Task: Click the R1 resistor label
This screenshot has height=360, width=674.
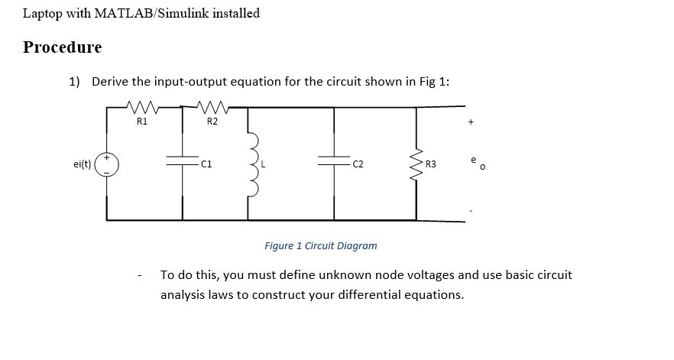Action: (142, 121)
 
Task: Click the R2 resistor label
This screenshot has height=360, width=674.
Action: (212, 121)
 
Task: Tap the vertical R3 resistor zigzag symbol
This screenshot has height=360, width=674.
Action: (416, 163)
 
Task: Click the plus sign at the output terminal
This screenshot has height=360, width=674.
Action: (471, 121)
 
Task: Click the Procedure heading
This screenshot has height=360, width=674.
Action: (62, 47)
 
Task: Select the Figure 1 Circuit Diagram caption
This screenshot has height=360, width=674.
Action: (320, 246)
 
